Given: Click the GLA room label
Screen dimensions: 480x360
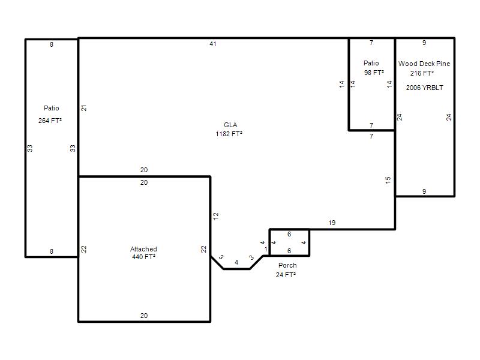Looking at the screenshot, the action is [230, 125].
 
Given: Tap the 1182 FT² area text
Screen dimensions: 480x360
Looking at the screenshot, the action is [229, 134].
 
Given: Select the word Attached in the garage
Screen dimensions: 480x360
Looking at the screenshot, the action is [143, 249].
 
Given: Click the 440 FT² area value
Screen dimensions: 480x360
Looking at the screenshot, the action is [143, 257].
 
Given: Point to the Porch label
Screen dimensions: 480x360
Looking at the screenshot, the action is [287, 265].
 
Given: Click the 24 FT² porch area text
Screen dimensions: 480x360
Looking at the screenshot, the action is [286, 275].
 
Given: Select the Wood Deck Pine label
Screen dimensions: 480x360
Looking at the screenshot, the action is [424, 64].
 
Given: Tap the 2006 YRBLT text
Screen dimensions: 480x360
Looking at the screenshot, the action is [424, 88].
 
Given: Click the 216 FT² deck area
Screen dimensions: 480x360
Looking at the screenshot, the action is [422, 73].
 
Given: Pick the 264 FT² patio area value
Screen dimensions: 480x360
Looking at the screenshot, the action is [50, 121].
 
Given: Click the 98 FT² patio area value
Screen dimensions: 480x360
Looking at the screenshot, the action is [374, 73].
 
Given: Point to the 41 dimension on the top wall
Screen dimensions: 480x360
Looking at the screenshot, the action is [213, 44].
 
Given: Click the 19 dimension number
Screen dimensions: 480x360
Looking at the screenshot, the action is [332, 223].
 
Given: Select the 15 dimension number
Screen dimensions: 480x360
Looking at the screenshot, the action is [388, 180].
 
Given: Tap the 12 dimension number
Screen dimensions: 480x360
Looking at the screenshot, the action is [216, 216].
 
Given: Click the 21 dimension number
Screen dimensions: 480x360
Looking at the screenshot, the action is [84, 108].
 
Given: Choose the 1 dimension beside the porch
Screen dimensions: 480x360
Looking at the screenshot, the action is [266, 249].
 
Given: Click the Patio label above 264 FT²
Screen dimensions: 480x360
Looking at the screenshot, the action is [51, 108].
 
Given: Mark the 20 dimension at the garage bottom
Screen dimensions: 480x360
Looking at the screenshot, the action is [144, 316].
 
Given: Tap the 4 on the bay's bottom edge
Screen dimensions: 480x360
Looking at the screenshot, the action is [236, 262].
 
